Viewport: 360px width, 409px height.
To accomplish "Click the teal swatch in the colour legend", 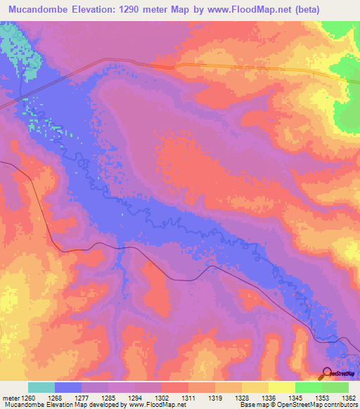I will coord(41,387).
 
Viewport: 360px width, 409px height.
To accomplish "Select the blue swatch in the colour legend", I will coord(68,387).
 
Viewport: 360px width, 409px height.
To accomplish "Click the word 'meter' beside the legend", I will coord(11,398).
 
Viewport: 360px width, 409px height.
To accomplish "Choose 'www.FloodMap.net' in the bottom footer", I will coord(151,405).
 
